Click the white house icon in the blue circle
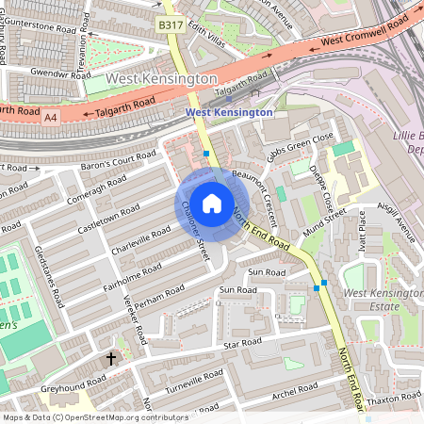212,203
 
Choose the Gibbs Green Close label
300,147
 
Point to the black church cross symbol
111,358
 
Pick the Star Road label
243,345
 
